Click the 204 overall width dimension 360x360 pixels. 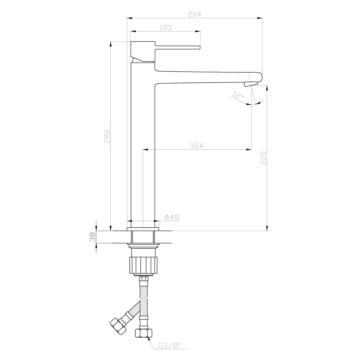click(194, 14)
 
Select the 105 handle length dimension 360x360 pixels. click(165, 28)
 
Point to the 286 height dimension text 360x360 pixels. click(107, 136)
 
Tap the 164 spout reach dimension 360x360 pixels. click(197, 145)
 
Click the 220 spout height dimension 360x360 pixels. click(263, 158)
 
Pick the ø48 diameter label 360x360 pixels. click(172, 217)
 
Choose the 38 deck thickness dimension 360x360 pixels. click(93, 237)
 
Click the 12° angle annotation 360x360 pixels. click(238, 96)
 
